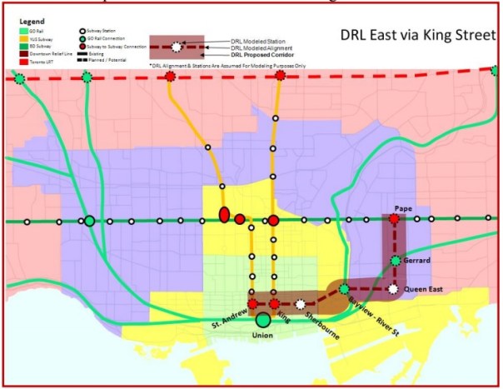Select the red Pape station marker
click(394, 220)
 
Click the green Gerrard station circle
click(395, 262)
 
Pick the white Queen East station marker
click(394, 289)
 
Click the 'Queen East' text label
click(429, 289)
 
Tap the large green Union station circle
click(263, 319)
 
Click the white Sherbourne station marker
click(300, 304)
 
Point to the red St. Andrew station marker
click(251, 304)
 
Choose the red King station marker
click(274, 304)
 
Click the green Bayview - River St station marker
click(343, 289)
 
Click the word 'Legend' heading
click(27, 17)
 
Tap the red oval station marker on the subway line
click(223, 215)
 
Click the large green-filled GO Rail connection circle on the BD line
click(88, 222)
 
